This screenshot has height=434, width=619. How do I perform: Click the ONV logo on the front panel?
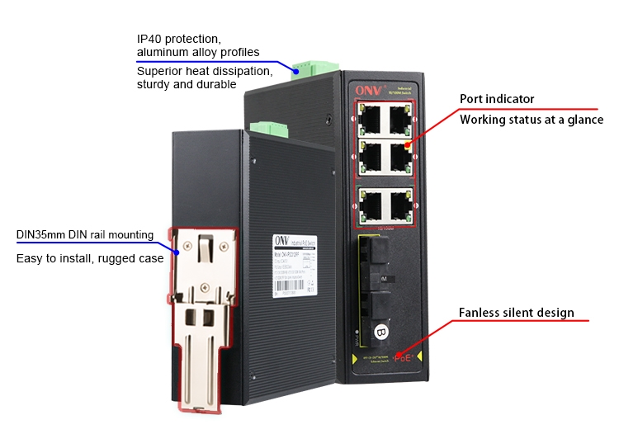(x=366, y=89)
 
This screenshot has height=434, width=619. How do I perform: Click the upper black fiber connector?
(x=376, y=254)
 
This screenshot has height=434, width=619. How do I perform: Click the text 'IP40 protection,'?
(x=179, y=39)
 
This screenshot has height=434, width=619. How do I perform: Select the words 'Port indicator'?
(x=497, y=99)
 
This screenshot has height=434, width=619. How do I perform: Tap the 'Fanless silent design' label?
(x=516, y=313)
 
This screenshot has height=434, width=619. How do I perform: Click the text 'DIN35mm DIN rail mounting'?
(x=84, y=234)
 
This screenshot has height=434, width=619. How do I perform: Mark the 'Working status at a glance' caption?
(x=532, y=120)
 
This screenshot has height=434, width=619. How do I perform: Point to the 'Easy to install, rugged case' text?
(x=90, y=258)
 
